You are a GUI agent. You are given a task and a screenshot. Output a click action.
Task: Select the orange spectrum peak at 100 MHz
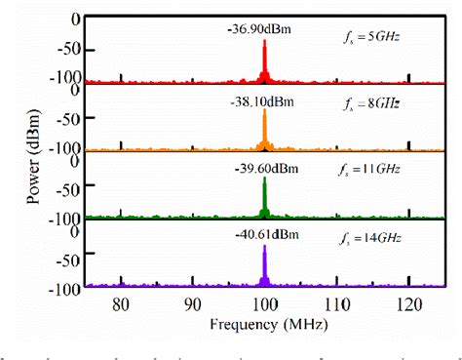click(264, 132)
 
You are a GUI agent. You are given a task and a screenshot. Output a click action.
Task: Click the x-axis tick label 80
click(120, 303)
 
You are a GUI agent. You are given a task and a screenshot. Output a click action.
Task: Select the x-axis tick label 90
click(192, 303)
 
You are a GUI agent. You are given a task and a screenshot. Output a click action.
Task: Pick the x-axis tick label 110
click(336, 303)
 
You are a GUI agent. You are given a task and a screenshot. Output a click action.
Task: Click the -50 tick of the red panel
click(67, 49)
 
